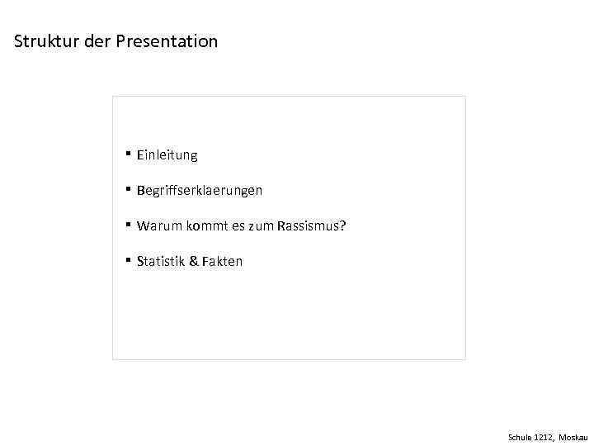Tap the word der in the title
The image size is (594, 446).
click(97, 40)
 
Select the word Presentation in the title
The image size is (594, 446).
click(167, 40)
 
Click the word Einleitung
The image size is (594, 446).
click(167, 154)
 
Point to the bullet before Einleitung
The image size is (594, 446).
click(129, 154)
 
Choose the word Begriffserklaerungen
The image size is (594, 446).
click(200, 190)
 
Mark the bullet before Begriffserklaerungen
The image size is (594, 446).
click(129, 189)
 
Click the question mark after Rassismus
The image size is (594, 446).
click(342, 225)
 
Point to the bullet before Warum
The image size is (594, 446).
click(129, 225)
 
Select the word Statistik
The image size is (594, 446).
click(160, 261)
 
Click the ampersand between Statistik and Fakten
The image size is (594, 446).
click(193, 261)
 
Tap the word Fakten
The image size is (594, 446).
click(223, 261)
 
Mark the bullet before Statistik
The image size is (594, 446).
click(129, 260)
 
